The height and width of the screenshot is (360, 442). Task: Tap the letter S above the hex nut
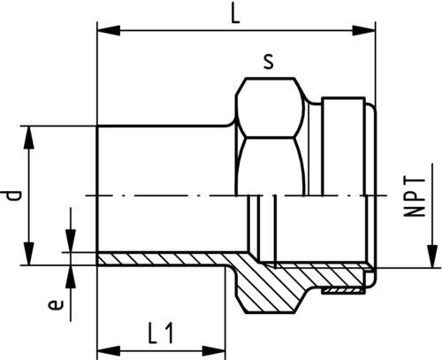coord(269,63)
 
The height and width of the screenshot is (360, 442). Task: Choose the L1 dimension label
coord(160,333)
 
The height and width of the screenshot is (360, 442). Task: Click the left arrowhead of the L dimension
coord(109,30)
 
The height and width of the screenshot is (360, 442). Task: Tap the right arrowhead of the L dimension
coord(364,30)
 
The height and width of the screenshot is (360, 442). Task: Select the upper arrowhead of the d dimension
coord(29,138)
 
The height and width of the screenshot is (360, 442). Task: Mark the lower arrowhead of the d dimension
coord(29,254)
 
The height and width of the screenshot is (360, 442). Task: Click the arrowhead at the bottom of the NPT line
coord(432,257)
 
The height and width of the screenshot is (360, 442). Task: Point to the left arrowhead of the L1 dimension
coord(109,351)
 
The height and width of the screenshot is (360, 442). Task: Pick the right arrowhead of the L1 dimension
coord(214,351)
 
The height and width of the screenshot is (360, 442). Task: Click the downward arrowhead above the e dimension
coord(71,241)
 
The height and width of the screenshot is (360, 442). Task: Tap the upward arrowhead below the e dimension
coord(71,277)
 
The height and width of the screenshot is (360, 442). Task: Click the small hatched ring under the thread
coord(343,291)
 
